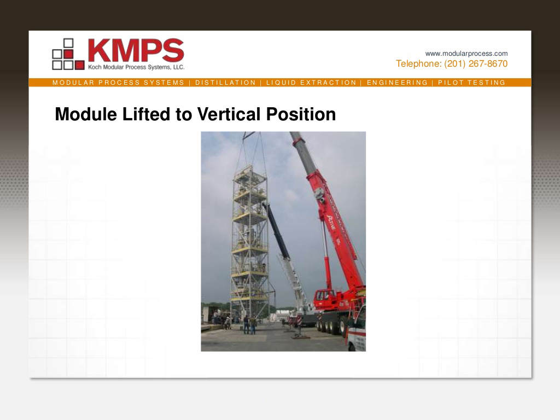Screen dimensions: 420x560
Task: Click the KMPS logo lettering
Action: pyautogui.click(x=135, y=50)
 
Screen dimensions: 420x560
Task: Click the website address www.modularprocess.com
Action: pyautogui.click(x=466, y=54)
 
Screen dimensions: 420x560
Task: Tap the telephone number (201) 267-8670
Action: pyautogui.click(x=476, y=64)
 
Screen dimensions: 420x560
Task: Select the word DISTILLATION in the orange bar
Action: pyautogui.click(x=225, y=83)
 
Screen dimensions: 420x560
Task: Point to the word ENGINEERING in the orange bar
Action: pyautogui.click(x=397, y=83)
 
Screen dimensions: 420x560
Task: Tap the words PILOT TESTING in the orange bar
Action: pyautogui.click(x=471, y=83)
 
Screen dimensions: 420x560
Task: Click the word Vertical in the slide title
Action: pyautogui.click(x=229, y=114)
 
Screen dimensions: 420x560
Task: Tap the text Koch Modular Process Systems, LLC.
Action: pyautogui.click(x=136, y=67)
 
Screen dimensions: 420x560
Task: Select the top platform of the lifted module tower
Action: pyautogui.click(x=249, y=171)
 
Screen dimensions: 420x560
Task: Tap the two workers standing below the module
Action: pyautogui.click(x=249, y=325)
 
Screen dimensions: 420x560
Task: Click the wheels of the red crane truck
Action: pyautogui.click(x=331, y=326)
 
